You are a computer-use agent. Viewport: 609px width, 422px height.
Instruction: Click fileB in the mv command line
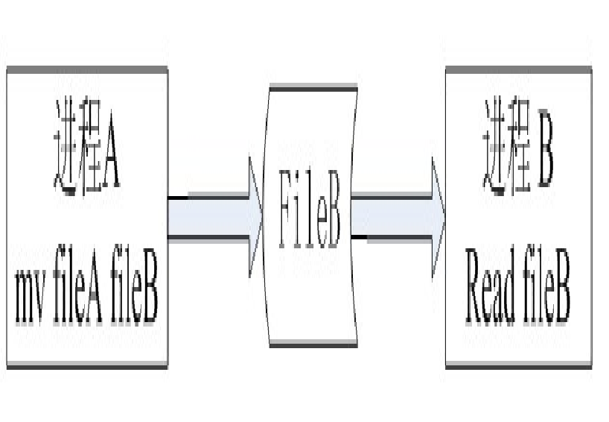pos(133,296)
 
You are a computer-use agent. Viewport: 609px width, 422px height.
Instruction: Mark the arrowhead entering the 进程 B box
pos(438,217)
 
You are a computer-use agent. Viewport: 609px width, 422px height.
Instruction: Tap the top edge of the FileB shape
pos(313,88)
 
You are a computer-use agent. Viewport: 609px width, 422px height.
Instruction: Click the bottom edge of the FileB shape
pos(313,344)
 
